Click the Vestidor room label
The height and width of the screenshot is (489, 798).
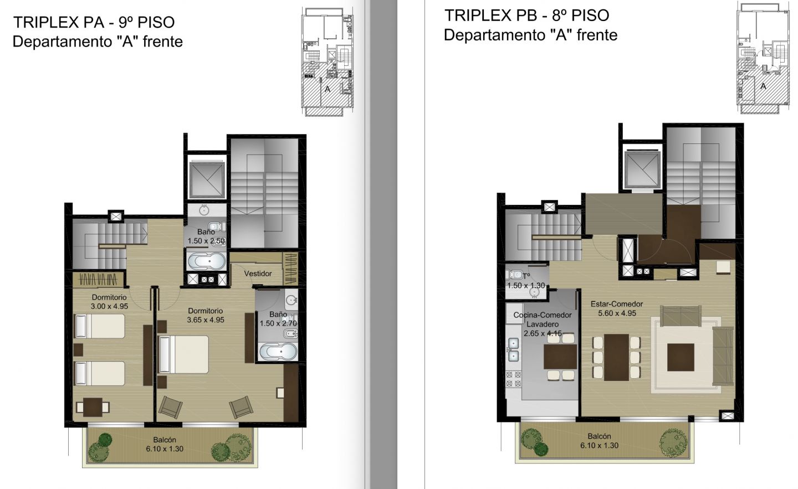click(x=258, y=274)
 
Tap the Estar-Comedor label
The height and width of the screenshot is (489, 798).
click(x=617, y=304)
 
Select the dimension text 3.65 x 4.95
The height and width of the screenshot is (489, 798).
click(x=206, y=320)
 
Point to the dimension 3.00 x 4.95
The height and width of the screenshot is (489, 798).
click(x=109, y=306)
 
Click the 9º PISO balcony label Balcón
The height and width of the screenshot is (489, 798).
click(x=165, y=440)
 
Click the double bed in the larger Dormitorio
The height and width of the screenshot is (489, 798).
click(x=184, y=354)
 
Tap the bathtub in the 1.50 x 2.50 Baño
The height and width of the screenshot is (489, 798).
click(x=206, y=261)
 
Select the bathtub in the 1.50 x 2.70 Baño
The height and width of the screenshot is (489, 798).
click(x=278, y=352)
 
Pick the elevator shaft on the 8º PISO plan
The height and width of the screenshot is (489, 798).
click(x=642, y=169)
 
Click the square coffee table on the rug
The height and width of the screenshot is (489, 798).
click(x=681, y=357)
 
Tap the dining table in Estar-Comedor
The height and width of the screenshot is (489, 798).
click(x=616, y=357)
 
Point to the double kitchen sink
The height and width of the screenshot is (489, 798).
click(x=513, y=349)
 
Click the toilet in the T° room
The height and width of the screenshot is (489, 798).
click(x=513, y=274)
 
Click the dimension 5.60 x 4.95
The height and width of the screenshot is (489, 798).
click(x=617, y=313)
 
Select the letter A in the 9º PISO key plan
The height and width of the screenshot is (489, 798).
click(x=328, y=89)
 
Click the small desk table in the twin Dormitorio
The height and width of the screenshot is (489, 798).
click(x=93, y=407)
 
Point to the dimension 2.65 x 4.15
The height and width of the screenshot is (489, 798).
click(x=543, y=333)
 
